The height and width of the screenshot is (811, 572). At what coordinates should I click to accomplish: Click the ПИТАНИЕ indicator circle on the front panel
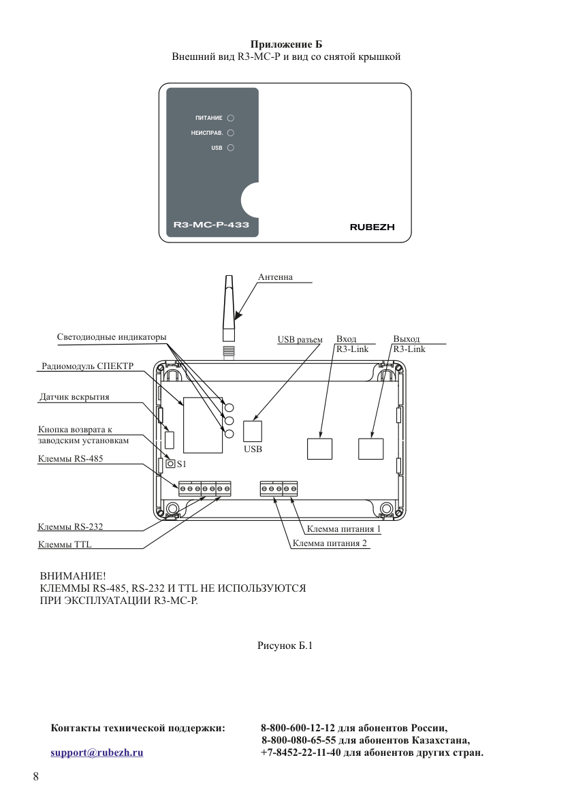[231, 118]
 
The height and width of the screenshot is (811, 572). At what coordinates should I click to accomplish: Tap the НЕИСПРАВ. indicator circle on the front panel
[231, 133]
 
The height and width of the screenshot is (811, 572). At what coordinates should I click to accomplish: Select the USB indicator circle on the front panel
[231, 148]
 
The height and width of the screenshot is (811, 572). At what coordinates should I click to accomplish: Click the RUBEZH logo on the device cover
[372, 227]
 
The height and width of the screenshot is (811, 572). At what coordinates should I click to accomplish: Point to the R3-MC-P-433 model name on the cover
[211, 225]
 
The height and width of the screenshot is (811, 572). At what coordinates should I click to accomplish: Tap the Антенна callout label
[275, 277]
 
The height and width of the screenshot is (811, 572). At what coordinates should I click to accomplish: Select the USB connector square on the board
[253, 431]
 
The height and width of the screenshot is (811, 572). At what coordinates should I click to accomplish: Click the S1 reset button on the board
[171, 464]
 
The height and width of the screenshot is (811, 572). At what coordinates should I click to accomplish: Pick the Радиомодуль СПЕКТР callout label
[87, 366]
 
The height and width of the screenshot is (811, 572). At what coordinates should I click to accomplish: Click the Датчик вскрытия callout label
[74, 397]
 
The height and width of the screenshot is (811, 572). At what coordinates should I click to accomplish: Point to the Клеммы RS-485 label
[70, 459]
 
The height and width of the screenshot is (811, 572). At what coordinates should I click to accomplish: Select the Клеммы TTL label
[65, 545]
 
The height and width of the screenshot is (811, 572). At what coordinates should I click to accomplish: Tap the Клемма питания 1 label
[344, 529]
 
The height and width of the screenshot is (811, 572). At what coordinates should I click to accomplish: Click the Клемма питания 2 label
[330, 543]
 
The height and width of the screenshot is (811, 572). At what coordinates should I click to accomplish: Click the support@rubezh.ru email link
[97, 752]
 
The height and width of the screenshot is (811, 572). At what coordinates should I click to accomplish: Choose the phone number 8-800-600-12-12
[298, 728]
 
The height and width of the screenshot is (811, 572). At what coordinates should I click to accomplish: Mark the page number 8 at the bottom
[35, 776]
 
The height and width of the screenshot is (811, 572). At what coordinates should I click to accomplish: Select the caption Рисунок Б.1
[285, 646]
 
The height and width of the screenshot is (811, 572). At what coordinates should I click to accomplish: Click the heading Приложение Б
[286, 44]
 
